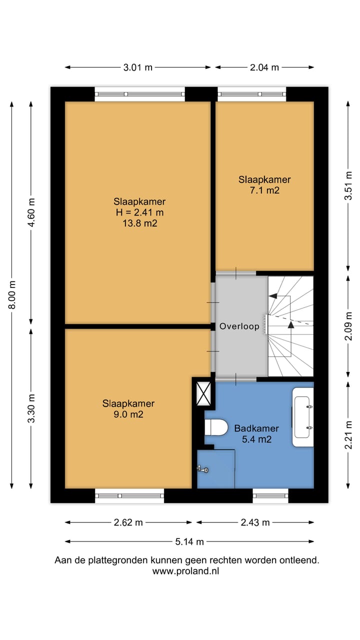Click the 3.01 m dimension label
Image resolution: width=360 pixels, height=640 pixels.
click(x=137, y=67)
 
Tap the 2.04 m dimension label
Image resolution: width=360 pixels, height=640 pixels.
click(x=264, y=67)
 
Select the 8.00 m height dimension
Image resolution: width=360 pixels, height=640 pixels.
click(x=11, y=294)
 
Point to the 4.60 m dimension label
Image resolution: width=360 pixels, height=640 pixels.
click(x=31, y=212)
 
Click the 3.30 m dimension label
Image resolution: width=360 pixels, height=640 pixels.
click(x=31, y=408)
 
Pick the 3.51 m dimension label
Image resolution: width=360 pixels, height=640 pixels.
click(x=348, y=185)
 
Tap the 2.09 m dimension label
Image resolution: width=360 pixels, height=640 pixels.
click(x=348, y=326)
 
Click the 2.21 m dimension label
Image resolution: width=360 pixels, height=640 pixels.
click(x=348, y=435)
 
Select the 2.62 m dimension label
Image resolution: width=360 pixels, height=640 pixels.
click(x=128, y=522)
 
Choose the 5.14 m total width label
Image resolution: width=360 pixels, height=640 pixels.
click(x=189, y=541)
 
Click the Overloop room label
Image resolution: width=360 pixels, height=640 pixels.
click(x=239, y=326)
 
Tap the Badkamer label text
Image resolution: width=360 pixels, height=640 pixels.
click(x=256, y=428)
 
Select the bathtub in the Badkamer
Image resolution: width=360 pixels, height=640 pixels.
click(x=302, y=417)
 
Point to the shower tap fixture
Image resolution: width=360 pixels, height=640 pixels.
click(x=203, y=469)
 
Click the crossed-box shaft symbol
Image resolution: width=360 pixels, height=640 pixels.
click(x=203, y=393)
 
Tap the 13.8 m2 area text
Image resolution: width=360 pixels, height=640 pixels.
click(x=139, y=223)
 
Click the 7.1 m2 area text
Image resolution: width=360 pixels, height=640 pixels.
click(x=264, y=190)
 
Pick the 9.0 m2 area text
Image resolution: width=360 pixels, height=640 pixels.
click(x=128, y=414)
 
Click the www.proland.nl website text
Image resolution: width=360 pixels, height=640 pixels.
click(x=185, y=571)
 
